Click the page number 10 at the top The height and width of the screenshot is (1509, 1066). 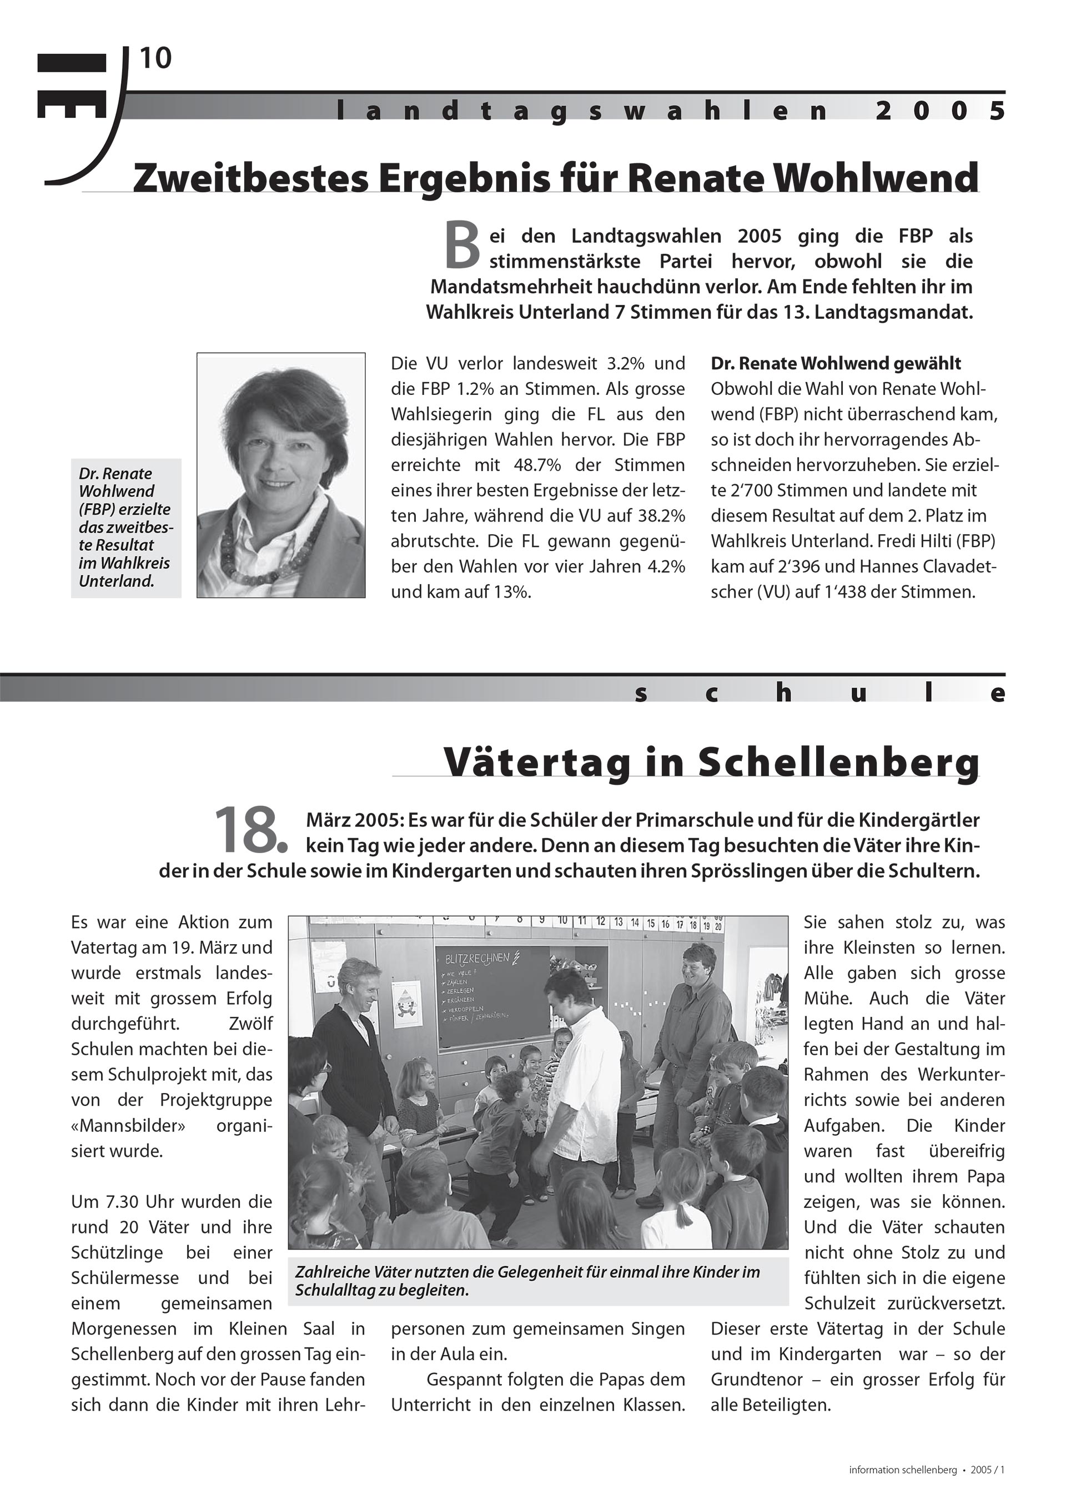[155, 59]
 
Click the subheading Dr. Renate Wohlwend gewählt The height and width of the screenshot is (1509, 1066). [836, 363]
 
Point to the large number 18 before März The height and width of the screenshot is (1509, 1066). [248, 831]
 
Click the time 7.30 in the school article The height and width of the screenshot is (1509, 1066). [123, 1202]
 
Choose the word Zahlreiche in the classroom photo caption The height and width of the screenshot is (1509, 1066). [333, 1272]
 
